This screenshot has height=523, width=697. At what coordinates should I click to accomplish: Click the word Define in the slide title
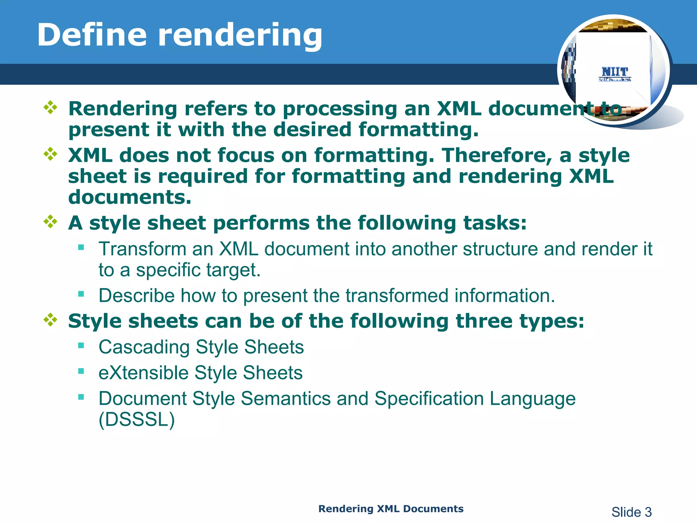click(92, 35)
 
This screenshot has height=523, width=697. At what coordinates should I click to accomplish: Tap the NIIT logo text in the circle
click(615, 72)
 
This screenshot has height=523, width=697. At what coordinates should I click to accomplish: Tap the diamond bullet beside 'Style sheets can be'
click(50, 320)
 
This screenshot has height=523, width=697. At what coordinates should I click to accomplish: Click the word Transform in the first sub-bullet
click(142, 249)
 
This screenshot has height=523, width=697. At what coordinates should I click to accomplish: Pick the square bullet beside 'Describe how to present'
click(81, 294)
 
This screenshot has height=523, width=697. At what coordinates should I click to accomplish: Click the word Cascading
click(144, 347)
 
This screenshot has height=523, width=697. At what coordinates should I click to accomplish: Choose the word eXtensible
click(143, 373)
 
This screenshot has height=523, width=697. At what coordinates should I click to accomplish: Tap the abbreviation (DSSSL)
click(136, 419)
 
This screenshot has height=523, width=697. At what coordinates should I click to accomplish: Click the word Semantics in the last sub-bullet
click(286, 398)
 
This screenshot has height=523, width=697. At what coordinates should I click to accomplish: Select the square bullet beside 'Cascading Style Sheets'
click(81, 346)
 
